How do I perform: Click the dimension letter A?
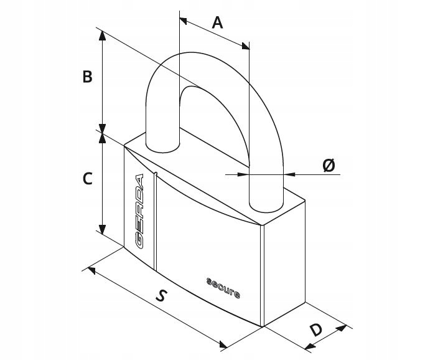[x=217, y=23]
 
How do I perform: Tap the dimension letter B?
[x=87, y=77]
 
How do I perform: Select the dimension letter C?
[x=88, y=179]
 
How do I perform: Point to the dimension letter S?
[x=161, y=295]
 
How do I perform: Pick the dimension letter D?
[x=316, y=330]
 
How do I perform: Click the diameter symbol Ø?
[x=329, y=165]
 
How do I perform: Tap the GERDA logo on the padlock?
[x=139, y=211]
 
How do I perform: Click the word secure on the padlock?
[x=223, y=288]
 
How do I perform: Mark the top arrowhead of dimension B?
[x=102, y=36]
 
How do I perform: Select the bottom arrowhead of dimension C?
[x=102, y=230]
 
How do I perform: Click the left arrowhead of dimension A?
[x=183, y=21]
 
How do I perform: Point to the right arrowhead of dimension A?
[x=246, y=46]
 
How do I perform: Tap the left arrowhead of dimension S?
[x=91, y=270]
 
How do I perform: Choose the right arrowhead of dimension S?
[x=223, y=344]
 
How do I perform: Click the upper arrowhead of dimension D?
[x=342, y=328]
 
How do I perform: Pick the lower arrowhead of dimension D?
[x=310, y=346]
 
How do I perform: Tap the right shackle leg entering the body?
[x=266, y=189]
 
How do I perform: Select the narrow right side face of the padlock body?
[x=284, y=263]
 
